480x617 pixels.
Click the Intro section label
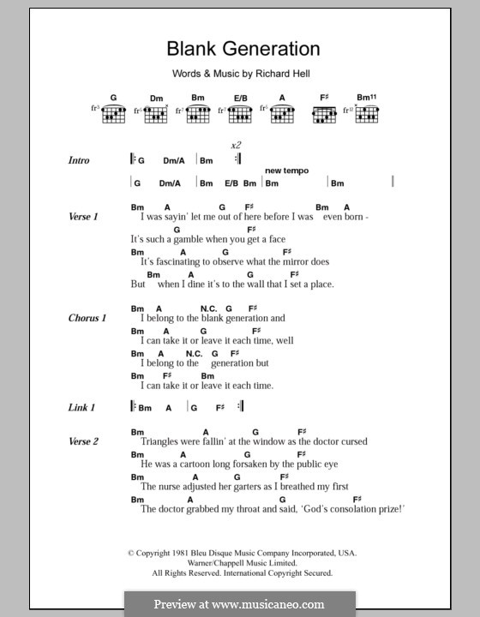[79, 160]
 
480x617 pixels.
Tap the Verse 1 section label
[83, 217]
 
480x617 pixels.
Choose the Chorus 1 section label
[87, 318]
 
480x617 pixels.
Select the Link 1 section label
[81, 407]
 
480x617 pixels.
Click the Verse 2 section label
[83, 441]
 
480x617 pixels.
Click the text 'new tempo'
[286, 171]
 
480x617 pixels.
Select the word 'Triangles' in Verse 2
[160, 442]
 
